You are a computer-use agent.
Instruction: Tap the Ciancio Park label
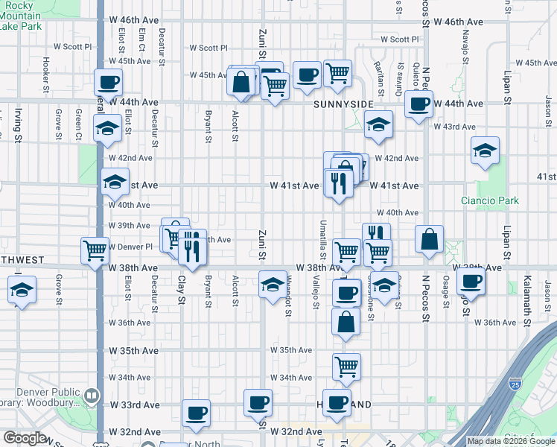point(489,200)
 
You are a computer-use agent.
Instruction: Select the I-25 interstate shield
point(515,384)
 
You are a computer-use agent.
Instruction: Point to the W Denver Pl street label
point(130,246)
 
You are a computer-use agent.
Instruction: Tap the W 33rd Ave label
point(135,405)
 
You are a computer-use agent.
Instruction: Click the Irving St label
point(18,124)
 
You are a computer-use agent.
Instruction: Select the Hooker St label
point(45,69)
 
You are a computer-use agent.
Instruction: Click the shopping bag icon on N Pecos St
point(430,240)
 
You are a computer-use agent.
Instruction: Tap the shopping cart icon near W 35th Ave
point(346,366)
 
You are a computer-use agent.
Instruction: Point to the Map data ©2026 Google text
point(510,441)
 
